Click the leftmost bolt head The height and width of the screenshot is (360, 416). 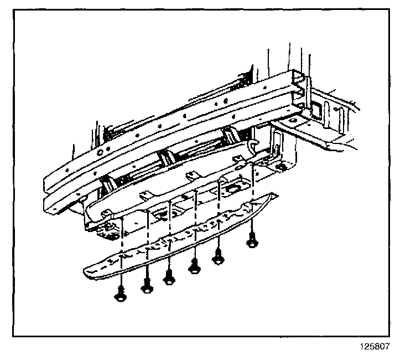[x=120, y=297]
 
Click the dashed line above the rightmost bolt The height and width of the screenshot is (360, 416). [x=253, y=199]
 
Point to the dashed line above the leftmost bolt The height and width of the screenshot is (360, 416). [x=120, y=255]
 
